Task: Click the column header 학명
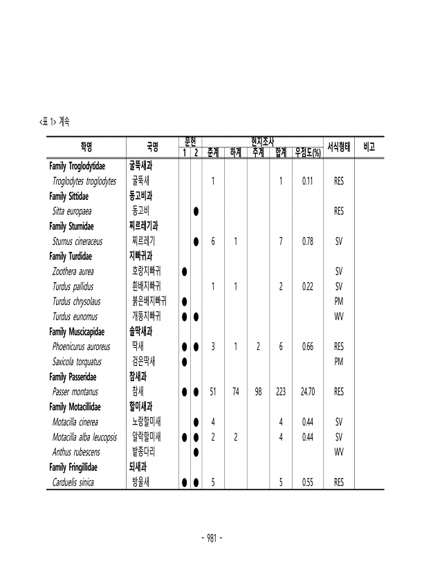[x=86, y=147]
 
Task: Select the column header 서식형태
[x=339, y=147]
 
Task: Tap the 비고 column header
[x=369, y=147]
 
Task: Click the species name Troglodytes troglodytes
[x=84, y=181]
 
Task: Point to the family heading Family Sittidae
[x=72, y=196]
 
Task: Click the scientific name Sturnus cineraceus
[x=77, y=241]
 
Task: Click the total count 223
[x=280, y=391]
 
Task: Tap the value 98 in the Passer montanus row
[x=258, y=391]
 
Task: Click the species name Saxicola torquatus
[x=77, y=362]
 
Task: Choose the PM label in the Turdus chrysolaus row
[x=339, y=302]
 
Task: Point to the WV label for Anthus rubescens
[x=339, y=452]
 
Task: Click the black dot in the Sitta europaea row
[x=196, y=212]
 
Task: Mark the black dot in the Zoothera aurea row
[x=184, y=272]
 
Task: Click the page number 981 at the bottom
[x=211, y=537]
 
